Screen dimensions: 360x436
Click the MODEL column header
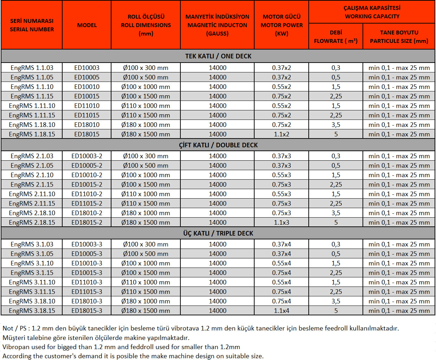click(x=87, y=25)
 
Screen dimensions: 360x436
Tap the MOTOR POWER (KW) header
click(x=282, y=25)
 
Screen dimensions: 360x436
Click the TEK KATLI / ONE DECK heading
click(x=218, y=56)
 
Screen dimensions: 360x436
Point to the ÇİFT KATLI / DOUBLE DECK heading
click(x=218, y=145)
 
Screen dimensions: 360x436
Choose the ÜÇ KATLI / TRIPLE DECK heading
click(x=218, y=233)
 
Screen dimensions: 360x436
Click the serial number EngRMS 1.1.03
click(x=32, y=68)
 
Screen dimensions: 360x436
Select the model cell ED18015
click(x=87, y=134)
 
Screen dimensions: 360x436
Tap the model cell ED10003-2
click(x=87, y=156)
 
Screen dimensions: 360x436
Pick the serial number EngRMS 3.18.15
click(x=32, y=311)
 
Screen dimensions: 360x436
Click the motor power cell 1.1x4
click(x=282, y=311)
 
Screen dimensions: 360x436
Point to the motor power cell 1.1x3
click(x=282, y=223)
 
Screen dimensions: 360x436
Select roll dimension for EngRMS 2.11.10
click(x=146, y=194)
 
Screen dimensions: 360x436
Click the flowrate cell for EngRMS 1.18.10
click(x=336, y=125)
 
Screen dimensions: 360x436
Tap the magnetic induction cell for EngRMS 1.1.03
click(x=218, y=68)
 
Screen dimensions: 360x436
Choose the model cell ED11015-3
click(x=87, y=292)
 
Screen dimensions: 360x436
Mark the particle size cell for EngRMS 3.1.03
click(x=399, y=244)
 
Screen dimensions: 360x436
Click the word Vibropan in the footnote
click(x=15, y=347)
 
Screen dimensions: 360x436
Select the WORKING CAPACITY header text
click(x=372, y=16)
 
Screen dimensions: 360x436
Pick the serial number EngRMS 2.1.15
click(x=32, y=185)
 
